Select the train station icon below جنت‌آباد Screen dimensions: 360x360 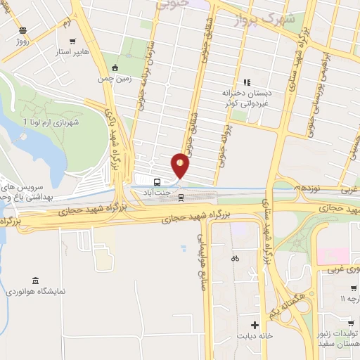click(x=182, y=197)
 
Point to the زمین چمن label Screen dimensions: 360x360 click(x=115, y=79)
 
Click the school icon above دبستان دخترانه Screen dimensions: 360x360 click(x=246, y=82)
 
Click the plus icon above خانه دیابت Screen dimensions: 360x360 click(x=255, y=325)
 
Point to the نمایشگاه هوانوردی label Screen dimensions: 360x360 click(x=32, y=290)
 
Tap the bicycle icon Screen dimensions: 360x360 click(x=235, y=258)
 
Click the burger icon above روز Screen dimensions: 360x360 click(x=23, y=30)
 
